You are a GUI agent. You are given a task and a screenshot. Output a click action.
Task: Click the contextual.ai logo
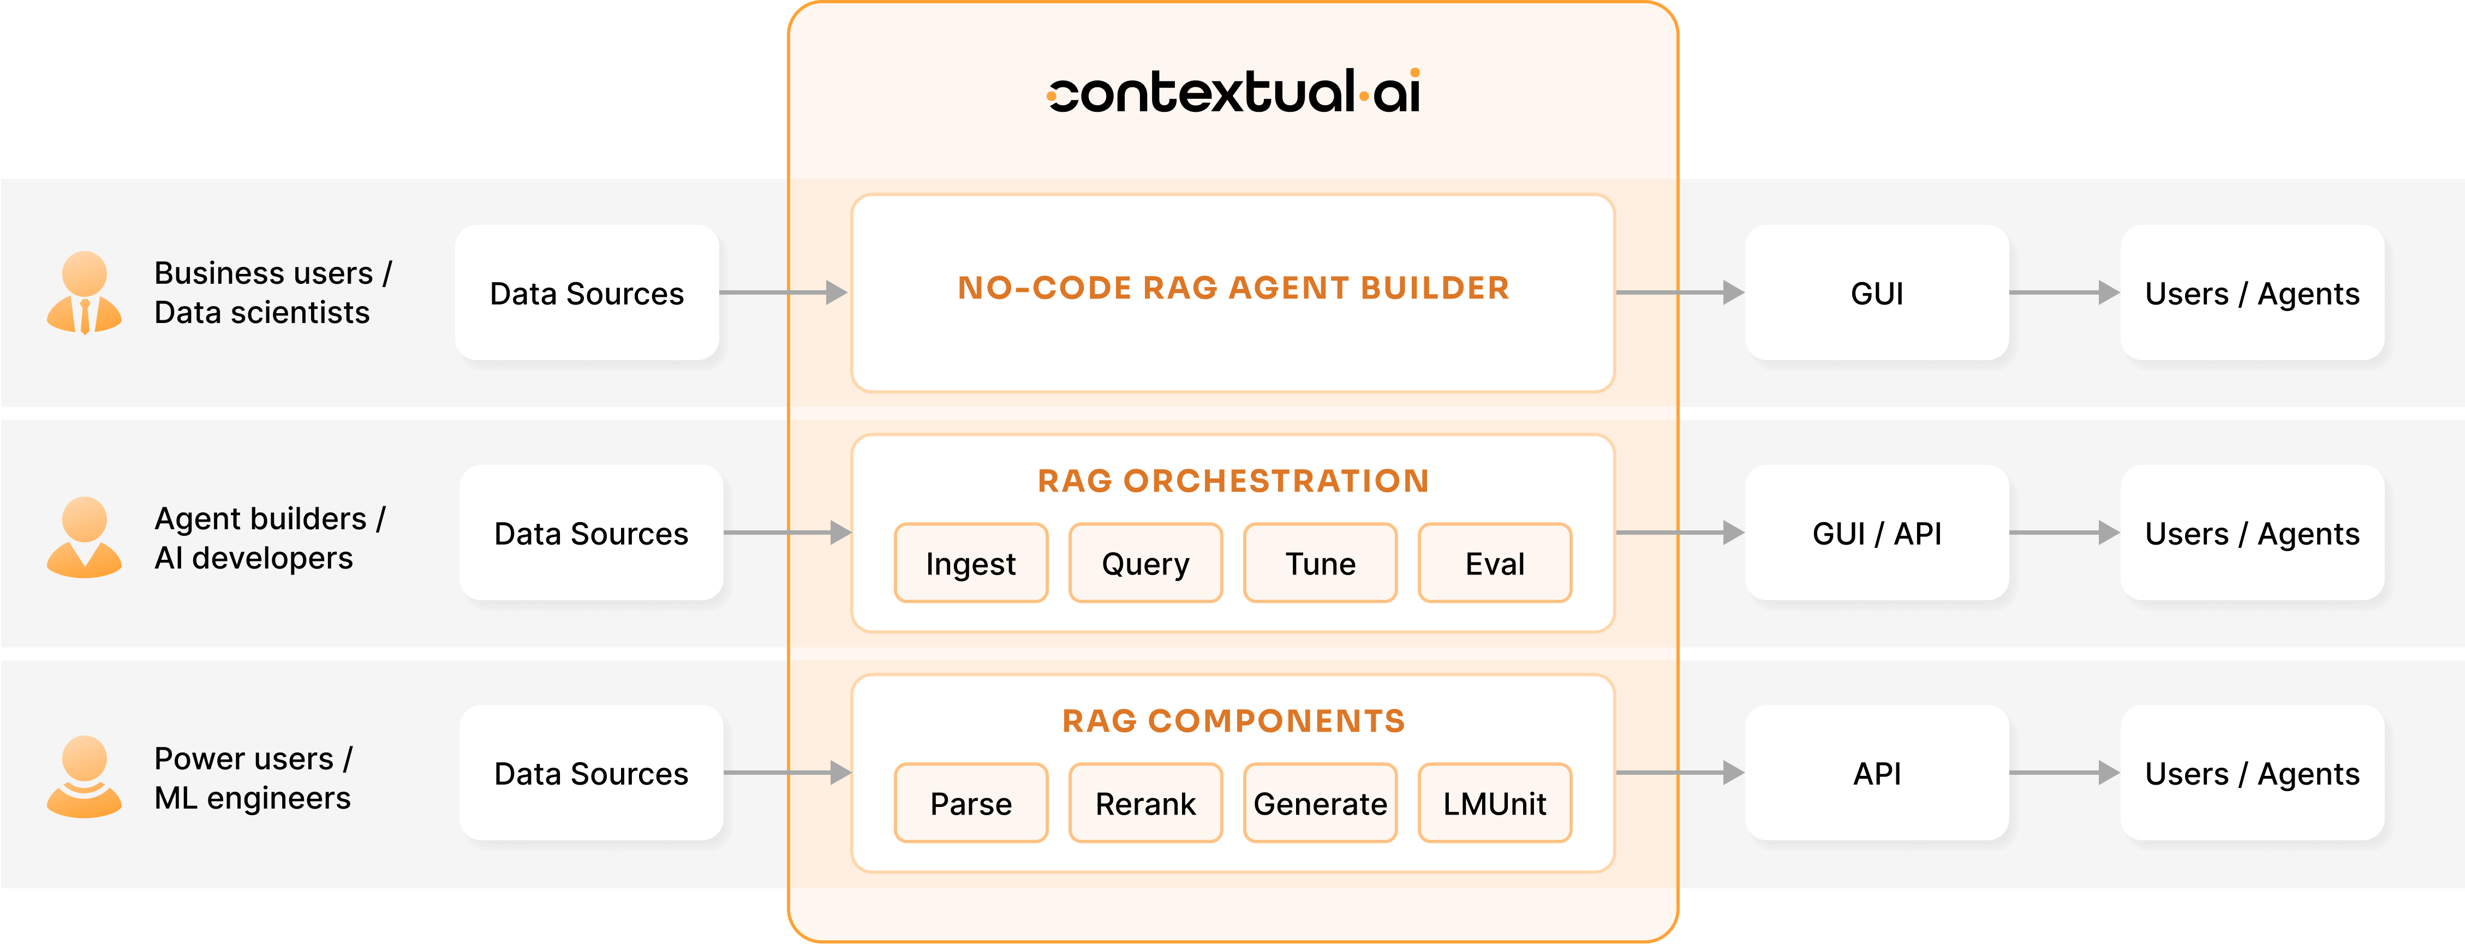coord(1233,91)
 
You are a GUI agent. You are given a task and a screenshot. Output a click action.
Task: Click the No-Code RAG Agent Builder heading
coord(1233,288)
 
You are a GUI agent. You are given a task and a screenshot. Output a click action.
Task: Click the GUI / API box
coord(1877,533)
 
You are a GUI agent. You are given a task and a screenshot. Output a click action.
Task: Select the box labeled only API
coord(1877,773)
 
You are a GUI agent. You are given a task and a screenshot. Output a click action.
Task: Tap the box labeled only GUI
coord(1877,292)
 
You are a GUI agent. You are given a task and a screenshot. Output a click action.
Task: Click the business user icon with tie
coord(84,292)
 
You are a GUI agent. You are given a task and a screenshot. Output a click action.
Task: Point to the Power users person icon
coord(84,776)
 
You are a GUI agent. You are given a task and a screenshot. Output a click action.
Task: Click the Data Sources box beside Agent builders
coord(592,533)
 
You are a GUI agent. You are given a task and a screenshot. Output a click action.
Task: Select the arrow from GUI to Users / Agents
coord(2064,292)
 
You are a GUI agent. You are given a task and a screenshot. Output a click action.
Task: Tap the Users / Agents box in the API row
coord(2252,773)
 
